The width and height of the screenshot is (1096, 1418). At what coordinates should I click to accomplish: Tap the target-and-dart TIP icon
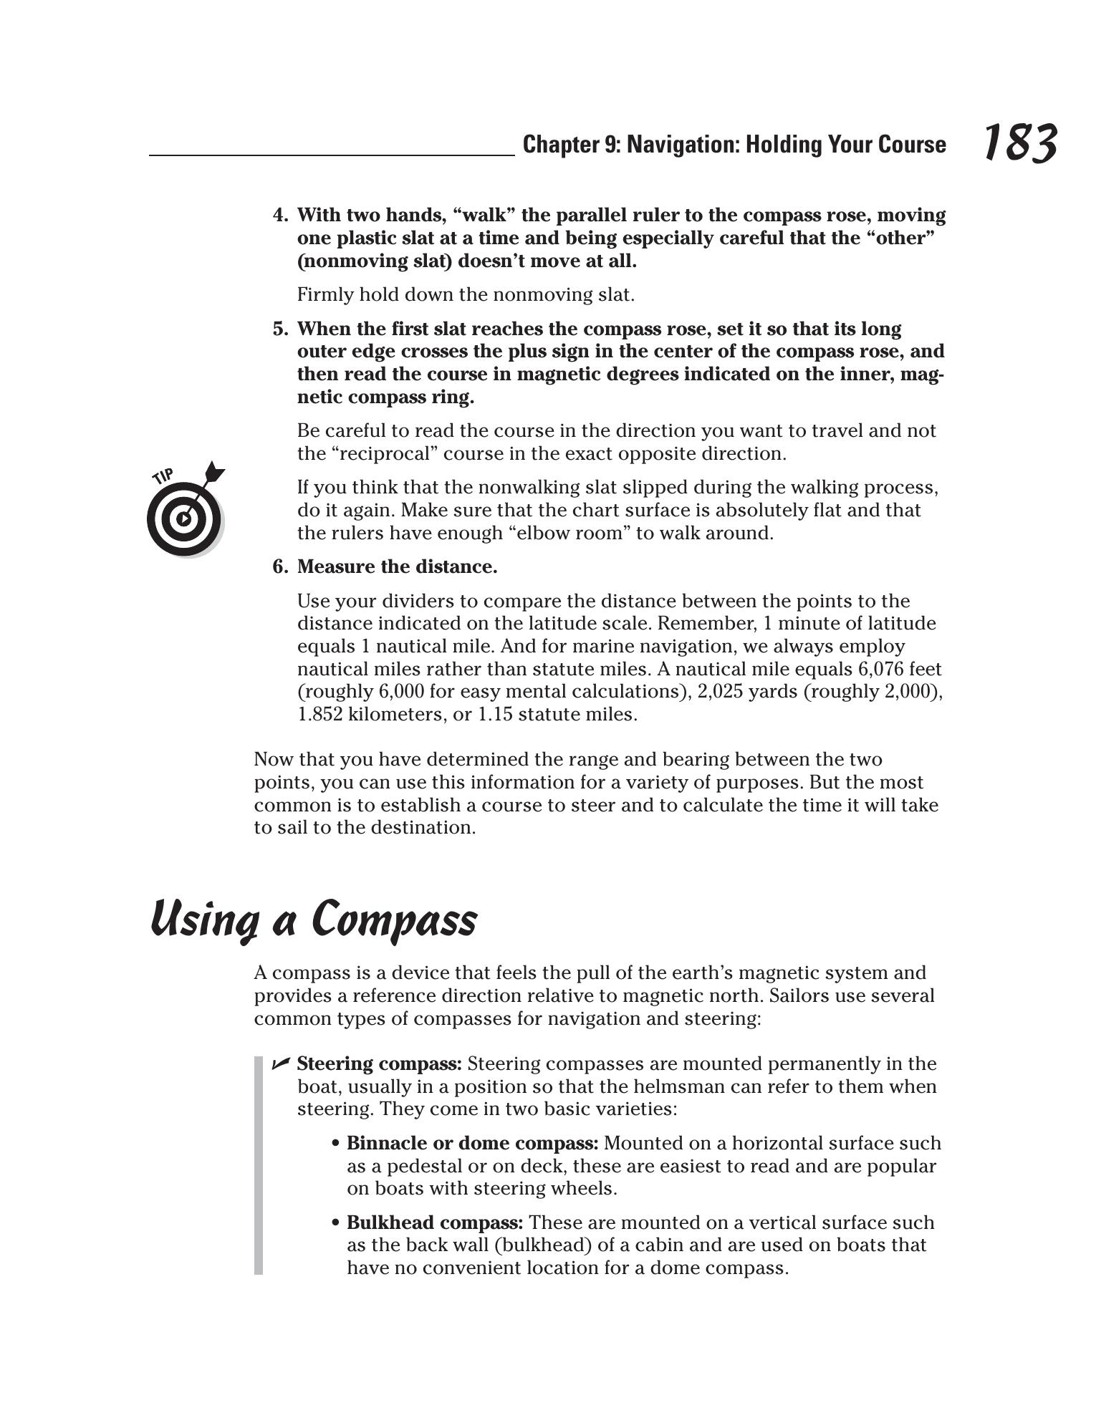tap(185, 510)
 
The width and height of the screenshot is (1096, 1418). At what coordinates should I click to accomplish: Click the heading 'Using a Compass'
tap(314, 919)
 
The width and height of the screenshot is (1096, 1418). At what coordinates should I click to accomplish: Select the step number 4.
tap(280, 216)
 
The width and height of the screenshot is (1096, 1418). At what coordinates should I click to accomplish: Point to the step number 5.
tap(280, 329)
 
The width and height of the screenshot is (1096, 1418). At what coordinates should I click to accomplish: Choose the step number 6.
tap(280, 567)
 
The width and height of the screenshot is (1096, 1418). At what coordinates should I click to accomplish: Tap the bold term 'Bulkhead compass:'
tap(435, 1222)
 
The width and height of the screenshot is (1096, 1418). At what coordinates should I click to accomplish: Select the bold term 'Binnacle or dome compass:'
tap(473, 1143)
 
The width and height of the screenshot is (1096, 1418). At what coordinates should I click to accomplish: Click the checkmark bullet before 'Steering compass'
tap(280, 1063)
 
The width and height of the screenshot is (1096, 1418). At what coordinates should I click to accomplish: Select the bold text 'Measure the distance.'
tap(397, 567)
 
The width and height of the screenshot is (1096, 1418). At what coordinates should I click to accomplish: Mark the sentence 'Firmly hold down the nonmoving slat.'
tap(466, 295)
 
